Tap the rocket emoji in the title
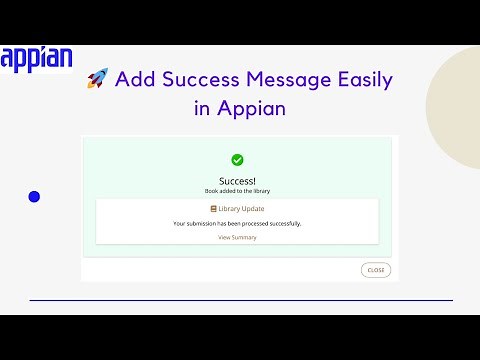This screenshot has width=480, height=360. [97, 80]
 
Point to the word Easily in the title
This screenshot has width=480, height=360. [357, 80]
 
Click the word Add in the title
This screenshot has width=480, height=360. [133, 79]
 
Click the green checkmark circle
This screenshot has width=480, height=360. [237, 160]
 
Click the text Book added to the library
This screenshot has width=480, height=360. [237, 190]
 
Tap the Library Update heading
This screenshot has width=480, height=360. [241, 208]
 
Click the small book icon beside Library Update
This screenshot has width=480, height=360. [213, 208]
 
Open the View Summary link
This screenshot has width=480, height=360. [237, 237]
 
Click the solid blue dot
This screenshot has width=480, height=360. [34, 197]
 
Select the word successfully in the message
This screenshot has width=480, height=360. [282, 223]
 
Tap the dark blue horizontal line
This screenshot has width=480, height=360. [240, 300]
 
